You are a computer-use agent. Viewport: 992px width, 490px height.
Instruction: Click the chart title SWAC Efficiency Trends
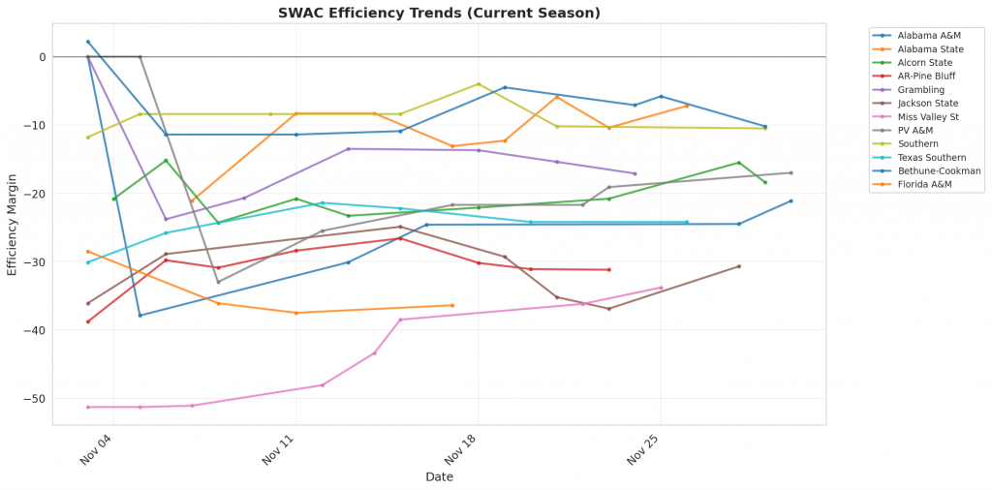pyautogui.click(x=439, y=13)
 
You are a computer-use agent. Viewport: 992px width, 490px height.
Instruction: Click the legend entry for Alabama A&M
pyautogui.click(x=923, y=34)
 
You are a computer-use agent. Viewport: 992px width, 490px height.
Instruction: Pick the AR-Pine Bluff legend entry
pyautogui.click(x=925, y=75)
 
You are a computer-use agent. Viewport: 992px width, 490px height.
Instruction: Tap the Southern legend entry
pyautogui.click(x=916, y=143)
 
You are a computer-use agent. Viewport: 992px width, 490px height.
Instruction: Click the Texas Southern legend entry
pyautogui.click(x=929, y=157)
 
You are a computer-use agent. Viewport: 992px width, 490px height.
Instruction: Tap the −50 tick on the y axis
pyautogui.click(x=35, y=398)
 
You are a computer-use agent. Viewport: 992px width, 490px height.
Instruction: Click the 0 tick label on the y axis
pyautogui.click(x=43, y=57)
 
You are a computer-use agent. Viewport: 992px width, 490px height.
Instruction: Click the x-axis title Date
pyautogui.click(x=439, y=476)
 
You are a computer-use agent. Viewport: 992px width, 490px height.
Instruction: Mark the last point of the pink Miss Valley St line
pyautogui.click(x=661, y=288)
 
